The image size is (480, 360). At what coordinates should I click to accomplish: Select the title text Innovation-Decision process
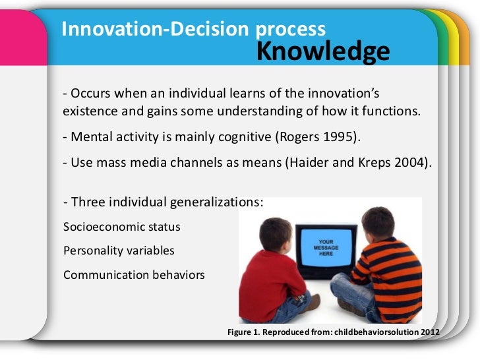[x=193, y=28]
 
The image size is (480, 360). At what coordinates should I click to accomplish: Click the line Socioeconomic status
[x=121, y=227]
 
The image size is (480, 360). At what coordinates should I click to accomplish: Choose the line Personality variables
[x=119, y=251]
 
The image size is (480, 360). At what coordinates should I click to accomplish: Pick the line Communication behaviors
[x=134, y=275]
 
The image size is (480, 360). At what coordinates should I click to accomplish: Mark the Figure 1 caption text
[x=332, y=332]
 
